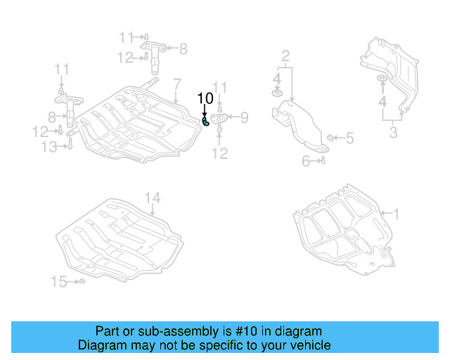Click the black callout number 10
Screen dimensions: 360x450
[205, 98]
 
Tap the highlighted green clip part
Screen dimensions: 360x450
[206, 122]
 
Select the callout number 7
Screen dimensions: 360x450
[177, 83]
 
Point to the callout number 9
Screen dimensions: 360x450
[244, 117]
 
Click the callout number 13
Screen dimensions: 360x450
[49, 146]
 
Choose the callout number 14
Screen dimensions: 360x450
[153, 197]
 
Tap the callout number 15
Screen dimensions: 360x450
[58, 282]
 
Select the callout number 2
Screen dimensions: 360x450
[285, 55]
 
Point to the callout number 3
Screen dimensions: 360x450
[394, 132]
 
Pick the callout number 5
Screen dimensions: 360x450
[349, 139]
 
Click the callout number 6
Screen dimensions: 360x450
[306, 161]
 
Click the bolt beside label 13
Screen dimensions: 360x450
[70, 146]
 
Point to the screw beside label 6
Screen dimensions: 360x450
[322, 161]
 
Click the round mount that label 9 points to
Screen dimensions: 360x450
[219, 127]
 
